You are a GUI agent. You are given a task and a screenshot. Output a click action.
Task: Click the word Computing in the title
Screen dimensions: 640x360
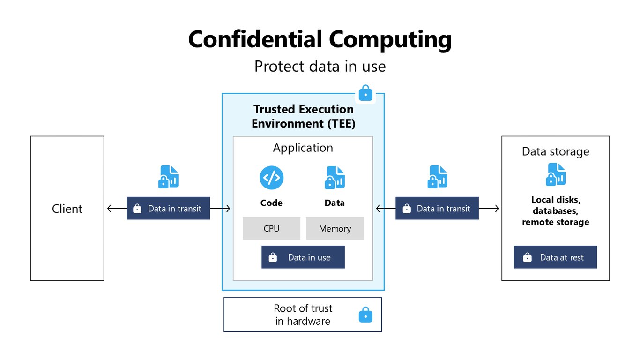(x=390, y=40)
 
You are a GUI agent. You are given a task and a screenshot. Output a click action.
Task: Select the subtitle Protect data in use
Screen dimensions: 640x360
(x=320, y=67)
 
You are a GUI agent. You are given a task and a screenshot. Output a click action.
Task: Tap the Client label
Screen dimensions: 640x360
(x=67, y=209)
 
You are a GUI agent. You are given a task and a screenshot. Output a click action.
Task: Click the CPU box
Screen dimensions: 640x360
(x=271, y=228)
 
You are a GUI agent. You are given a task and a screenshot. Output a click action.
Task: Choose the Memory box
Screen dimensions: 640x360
(x=335, y=228)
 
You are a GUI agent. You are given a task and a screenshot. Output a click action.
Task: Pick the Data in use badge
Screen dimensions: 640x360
(x=303, y=257)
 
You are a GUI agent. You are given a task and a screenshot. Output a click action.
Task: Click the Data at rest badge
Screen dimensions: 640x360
(x=555, y=257)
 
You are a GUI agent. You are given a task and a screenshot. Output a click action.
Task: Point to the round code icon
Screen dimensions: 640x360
(x=271, y=178)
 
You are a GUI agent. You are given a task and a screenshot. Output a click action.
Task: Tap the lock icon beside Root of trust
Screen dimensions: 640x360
(x=365, y=315)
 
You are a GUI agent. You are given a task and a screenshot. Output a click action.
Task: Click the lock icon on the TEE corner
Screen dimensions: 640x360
(x=365, y=93)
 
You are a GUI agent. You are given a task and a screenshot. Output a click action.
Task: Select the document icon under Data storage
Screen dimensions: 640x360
(x=556, y=174)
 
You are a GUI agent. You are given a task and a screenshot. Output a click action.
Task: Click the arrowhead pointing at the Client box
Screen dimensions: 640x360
(x=109, y=209)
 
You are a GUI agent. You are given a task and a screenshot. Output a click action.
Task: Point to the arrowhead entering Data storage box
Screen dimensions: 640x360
(x=497, y=209)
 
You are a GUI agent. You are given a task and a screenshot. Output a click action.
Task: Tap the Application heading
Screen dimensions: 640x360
(x=303, y=148)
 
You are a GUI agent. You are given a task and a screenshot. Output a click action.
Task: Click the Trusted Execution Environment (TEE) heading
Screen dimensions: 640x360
(x=304, y=116)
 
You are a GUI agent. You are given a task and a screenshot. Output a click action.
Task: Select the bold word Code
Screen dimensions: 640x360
(x=271, y=202)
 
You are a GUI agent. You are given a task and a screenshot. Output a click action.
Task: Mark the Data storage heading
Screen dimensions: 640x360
(x=555, y=151)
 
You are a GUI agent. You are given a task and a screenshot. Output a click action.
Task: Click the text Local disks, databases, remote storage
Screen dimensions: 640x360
(x=555, y=211)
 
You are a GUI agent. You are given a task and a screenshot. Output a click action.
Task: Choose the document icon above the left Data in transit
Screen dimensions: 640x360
(x=169, y=177)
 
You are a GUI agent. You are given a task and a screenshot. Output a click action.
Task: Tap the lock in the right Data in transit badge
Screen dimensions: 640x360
(x=407, y=209)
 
